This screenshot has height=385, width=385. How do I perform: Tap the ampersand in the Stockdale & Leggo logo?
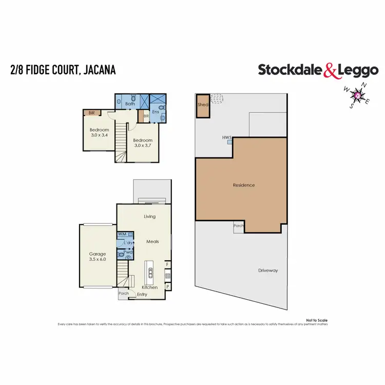(x=330, y=70)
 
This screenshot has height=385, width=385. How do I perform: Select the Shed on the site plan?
(x=202, y=105)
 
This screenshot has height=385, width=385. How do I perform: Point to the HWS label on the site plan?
(x=227, y=138)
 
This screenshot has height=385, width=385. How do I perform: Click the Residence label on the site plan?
(x=243, y=185)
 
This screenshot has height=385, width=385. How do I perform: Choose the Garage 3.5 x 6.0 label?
(x=98, y=257)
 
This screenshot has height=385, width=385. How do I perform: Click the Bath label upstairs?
(x=130, y=104)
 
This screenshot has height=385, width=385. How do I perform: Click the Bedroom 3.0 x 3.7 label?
(x=143, y=143)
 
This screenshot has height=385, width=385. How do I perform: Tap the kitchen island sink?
(x=150, y=273)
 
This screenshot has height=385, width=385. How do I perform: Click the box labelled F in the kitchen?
(x=167, y=265)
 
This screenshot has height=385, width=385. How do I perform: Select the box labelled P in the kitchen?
(x=167, y=286)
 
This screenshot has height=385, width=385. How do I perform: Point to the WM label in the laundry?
(x=122, y=235)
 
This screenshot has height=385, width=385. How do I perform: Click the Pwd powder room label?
(x=129, y=252)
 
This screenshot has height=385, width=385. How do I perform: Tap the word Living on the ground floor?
(x=149, y=217)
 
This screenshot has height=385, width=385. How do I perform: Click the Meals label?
(x=152, y=241)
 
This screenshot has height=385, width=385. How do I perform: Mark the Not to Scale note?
(x=316, y=320)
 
